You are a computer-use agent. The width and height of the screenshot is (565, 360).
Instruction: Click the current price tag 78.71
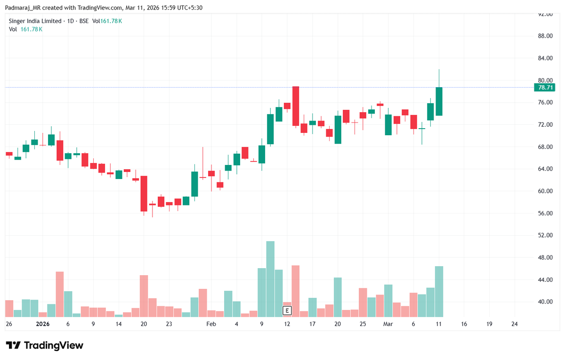point(545,88)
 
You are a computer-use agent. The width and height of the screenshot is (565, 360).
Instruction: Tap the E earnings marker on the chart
point(287,310)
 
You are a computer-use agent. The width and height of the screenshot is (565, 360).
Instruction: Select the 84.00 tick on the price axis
point(545,58)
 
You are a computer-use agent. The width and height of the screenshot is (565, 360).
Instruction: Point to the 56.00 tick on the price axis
point(545,213)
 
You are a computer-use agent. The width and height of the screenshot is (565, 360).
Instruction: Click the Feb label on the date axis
point(211,324)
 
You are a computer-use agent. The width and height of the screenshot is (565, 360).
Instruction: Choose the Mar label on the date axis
point(387,324)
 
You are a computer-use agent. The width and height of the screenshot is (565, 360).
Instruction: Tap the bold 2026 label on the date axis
point(43,324)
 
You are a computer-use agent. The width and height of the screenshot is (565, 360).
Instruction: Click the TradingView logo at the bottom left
point(45,345)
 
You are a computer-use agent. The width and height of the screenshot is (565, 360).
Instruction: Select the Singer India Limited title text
point(35,21)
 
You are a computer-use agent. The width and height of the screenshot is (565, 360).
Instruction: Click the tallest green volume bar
point(270,279)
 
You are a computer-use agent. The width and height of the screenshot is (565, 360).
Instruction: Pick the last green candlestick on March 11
point(439,101)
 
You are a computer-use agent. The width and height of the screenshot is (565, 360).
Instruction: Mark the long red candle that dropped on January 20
point(144,194)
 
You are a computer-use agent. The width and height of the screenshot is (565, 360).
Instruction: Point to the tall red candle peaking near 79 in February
point(296,106)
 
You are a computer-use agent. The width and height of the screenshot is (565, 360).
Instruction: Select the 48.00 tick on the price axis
point(545,258)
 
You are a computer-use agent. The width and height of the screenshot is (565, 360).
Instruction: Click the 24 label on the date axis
point(514,324)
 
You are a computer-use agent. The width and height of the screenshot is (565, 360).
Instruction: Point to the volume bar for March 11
point(439,292)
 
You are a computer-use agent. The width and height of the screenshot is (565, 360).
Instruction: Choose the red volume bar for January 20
point(144,296)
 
